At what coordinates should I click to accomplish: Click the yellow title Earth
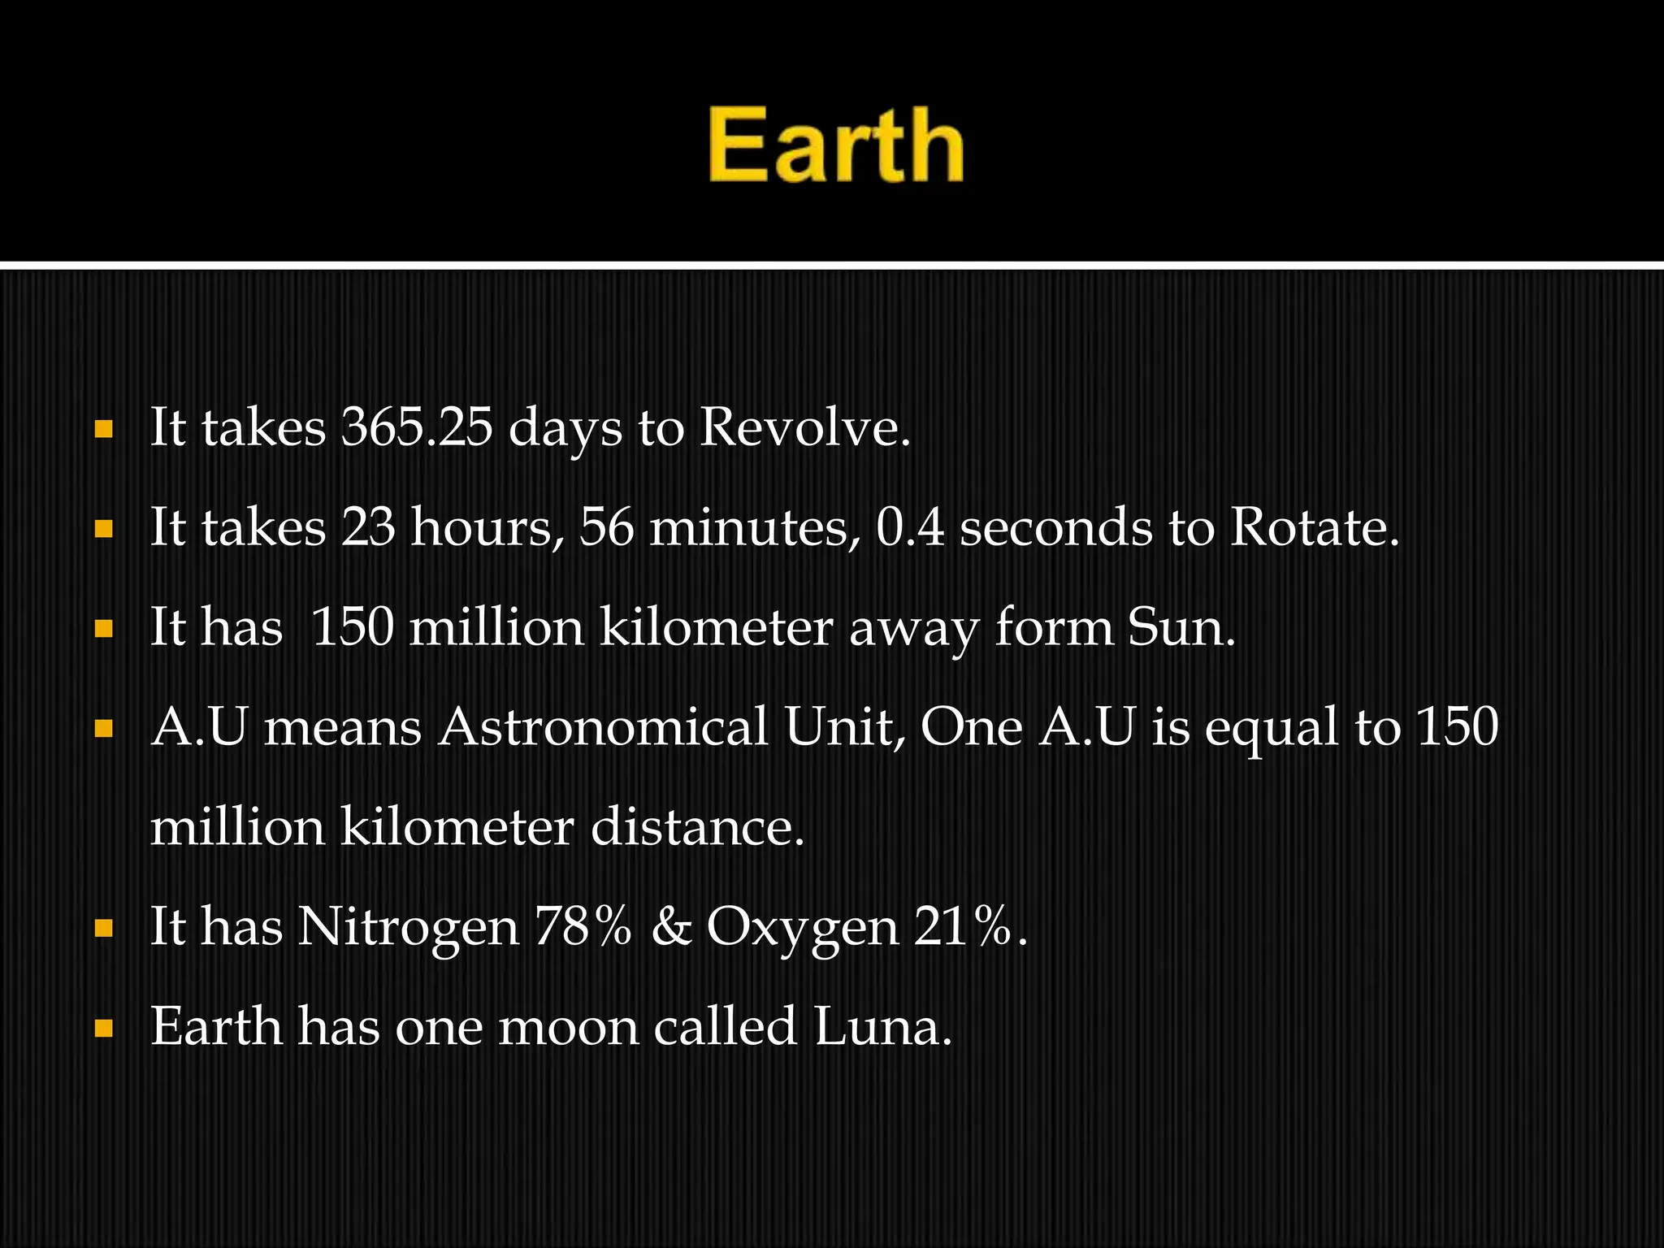pyautogui.click(x=835, y=146)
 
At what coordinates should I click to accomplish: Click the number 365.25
pyautogui.click(x=416, y=427)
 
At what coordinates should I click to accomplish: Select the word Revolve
pyautogui.click(x=804, y=427)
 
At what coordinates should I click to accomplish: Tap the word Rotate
pyautogui.click(x=1315, y=527)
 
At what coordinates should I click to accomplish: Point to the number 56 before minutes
pyautogui.click(x=606, y=527)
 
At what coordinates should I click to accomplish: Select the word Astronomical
pyautogui.click(x=604, y=727)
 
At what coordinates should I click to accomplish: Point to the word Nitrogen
pyautogui.click(x=408, y=927)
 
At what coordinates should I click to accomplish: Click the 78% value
pyautogui.click(x=583, y=927)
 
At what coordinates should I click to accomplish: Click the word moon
pyautogui.click(x=569, y=1027)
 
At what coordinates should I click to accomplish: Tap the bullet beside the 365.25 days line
pyautogui.click(x=103, y=430)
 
